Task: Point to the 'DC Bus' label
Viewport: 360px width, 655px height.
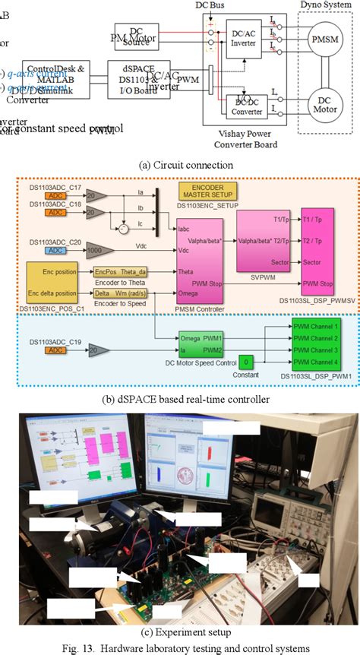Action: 210,5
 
